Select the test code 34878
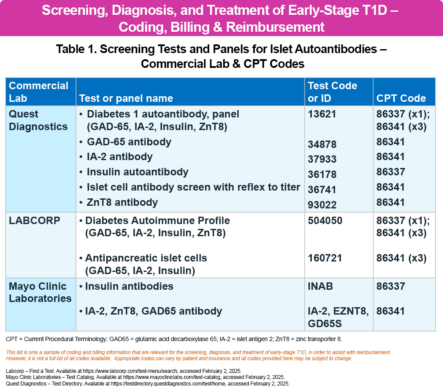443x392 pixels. click(322, 144)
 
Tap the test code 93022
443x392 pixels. click(322, 204)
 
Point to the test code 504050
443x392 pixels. click(325, 221)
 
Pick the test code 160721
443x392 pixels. click(325, 258)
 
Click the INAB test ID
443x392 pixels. click(320, 286)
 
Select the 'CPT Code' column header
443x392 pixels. click(401, 98)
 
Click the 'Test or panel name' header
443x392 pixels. click(126, 98)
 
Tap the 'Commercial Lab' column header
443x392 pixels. click(39, 92)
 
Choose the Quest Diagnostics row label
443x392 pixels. click(38, 120)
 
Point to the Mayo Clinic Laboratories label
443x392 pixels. click(40, 292)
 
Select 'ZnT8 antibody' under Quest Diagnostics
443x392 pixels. click(122, 202)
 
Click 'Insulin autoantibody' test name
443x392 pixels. click(137, 172)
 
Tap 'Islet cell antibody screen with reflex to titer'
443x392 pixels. click(193, 187)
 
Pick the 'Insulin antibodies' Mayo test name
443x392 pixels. click(129, 286)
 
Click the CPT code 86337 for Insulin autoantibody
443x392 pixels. click(391, 172)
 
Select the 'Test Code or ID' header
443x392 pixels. click(332, 92)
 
